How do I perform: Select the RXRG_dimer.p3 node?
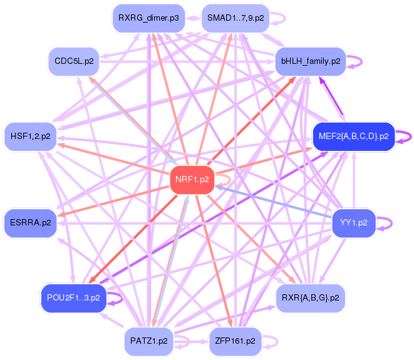coord(148,18)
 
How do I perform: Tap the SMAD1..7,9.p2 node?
coord(235,18)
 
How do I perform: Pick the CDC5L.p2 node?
coord(74,61)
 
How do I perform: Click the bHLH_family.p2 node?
coord(311,61)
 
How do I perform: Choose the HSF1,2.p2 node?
coord(31,136)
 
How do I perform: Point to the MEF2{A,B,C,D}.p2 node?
coord(353,136)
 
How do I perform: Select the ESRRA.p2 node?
coord(31,222)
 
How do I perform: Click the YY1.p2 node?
coord(353,222)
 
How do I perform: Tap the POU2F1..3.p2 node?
coord(74,297)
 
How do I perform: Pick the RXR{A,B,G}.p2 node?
coord(311,297)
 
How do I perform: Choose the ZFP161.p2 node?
coord(235,341)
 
